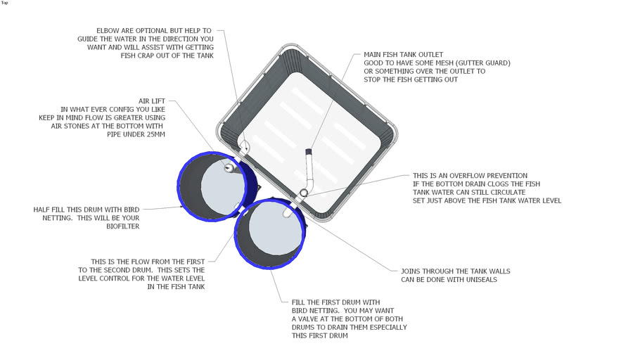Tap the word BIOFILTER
click(123, 226)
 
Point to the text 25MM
click(155, 134)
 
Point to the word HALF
click(41, 210)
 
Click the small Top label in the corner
click(4, 3)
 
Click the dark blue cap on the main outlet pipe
click(309, 152)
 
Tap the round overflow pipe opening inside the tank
click(304, 193)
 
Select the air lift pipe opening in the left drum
click(229, 167)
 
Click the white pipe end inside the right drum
click(288, 212)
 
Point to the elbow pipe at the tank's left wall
click(245, 147)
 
